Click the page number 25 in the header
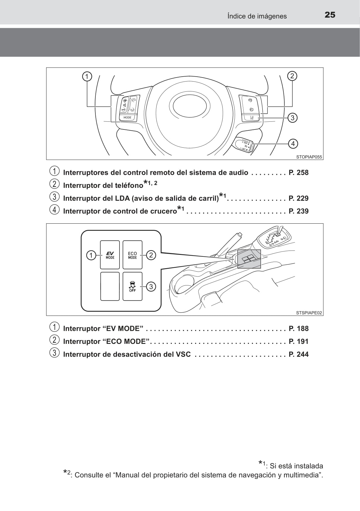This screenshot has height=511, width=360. [330, 15]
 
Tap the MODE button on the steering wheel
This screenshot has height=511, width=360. [127, 117]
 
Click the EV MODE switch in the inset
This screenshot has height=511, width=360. [110, 255]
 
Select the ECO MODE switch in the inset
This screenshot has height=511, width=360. [132, 255]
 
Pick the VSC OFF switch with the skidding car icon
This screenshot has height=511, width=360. [132, 286]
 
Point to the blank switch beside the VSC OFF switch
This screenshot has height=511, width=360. [110, 286]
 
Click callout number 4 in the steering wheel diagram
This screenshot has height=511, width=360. [293, 144]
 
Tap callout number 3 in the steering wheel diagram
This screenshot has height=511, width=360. [292, 118]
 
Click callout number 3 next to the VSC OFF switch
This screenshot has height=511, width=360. [151, 286]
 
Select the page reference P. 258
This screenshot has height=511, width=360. [298, 173]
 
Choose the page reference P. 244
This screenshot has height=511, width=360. [298, 354]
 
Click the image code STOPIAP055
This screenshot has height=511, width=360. [309, 157]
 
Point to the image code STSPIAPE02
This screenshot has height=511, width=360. [309, 313]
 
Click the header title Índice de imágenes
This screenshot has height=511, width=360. [257, 16]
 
